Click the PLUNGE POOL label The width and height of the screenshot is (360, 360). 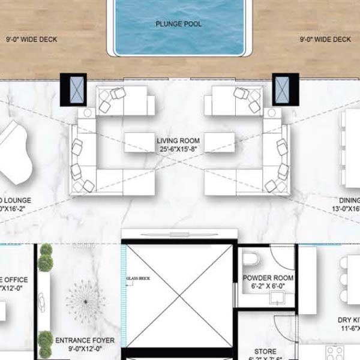tap(178, 24)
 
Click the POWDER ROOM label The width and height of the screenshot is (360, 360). tap(268, 278)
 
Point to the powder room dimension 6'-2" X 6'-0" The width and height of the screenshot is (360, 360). tap(268, 287)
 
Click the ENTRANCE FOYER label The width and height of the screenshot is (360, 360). tap(81, 340)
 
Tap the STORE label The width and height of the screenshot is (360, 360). tap(265, 351)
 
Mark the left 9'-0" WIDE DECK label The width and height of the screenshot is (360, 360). tap(31, 40)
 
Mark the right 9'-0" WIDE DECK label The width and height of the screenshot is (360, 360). tap(325, 40)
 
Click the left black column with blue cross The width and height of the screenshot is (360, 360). tap(73, 90)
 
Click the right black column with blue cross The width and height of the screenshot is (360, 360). tap(286, 90)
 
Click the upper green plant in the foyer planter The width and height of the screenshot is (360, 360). tap(44, 262)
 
